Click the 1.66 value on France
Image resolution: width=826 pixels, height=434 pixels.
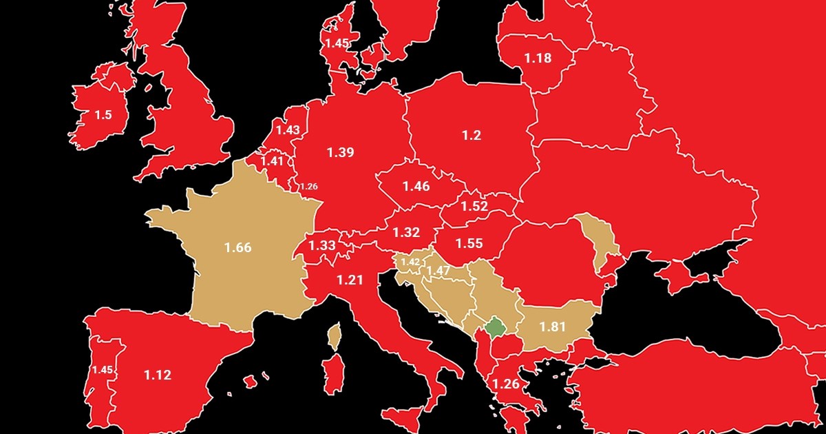point(238,247)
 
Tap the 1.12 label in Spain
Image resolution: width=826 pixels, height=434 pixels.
point(158,375)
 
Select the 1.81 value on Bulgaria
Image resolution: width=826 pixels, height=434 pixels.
point(553,327)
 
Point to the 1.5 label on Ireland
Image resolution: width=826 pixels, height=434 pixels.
point(103,115)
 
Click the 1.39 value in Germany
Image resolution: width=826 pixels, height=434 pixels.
point(340,152)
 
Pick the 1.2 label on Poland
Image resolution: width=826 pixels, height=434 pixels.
point(472,135)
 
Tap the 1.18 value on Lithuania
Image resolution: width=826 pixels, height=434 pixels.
point(538,58)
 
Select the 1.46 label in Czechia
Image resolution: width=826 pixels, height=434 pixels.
point(416,186)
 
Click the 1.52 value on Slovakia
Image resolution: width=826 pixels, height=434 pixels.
point(474,206)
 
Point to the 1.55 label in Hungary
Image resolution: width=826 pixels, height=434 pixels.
point(469,242)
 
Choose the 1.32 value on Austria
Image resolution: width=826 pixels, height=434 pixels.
point(407,232)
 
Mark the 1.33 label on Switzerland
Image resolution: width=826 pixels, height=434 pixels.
point(322,245)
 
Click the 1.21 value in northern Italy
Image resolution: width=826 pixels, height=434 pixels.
point(349,280)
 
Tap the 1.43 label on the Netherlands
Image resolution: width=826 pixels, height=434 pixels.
point(288,130)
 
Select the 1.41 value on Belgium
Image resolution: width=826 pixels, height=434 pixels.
point(271,161)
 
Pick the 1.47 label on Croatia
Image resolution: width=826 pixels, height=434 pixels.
point(438,271)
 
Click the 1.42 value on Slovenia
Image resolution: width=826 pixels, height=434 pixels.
point(410,262)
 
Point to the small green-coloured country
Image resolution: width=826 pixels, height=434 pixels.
point(494,328)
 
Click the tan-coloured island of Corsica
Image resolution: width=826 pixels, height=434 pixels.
point(335,337)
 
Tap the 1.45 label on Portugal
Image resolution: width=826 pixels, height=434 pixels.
point(103,370)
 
